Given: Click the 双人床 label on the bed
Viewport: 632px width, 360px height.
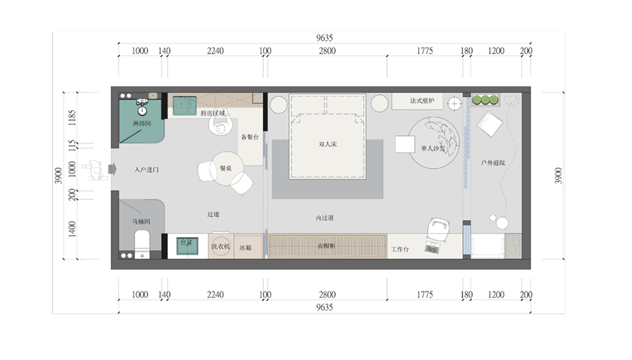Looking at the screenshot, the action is click(327, 144).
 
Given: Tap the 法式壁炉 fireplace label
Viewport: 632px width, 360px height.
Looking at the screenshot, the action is click(422, 101).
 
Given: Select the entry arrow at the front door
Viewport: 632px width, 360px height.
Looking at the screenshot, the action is click(112, 169).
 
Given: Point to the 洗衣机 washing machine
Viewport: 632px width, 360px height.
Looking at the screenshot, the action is click(221, 246).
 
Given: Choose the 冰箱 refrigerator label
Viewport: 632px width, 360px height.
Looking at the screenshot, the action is click(245, 248).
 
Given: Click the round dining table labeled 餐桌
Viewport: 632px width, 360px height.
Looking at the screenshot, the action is click(227, 169).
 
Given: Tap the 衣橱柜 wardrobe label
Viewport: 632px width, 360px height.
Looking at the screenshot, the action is click(326, 246).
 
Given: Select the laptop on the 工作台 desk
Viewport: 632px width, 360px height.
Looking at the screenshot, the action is click(433, 247).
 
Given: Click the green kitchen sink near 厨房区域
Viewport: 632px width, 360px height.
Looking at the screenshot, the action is click(185, 106).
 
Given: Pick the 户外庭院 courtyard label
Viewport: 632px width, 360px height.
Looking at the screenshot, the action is click(493, 163).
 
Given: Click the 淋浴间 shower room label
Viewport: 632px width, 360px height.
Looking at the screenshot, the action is click(142, 123).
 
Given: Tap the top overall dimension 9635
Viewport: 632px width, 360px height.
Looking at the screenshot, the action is click(324, 38).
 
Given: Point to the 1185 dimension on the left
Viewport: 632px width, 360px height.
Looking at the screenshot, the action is click(72, 118).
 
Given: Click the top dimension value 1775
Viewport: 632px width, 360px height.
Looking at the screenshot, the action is click(425, 51).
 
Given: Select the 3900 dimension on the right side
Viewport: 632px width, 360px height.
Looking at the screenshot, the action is click(559, 176).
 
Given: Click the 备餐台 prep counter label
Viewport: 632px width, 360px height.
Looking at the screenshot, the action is click(250, 137).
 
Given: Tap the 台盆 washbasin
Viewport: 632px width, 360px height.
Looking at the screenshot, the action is click(188, 246).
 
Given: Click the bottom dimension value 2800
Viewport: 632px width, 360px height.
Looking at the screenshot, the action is click(327, 295).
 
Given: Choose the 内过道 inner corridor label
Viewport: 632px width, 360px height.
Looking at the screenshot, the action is click(325, 218).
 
